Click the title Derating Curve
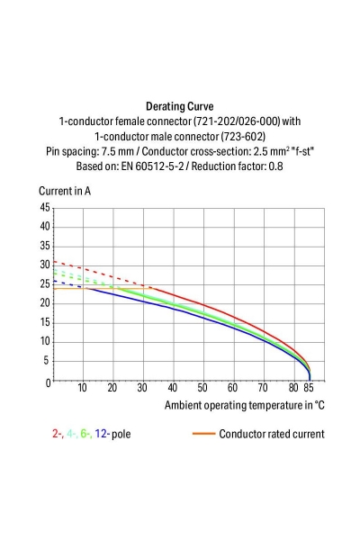179,105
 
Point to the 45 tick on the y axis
45,207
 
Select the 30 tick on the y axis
45,265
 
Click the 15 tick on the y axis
45,323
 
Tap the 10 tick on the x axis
83,389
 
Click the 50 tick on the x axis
203,389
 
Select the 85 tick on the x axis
310,389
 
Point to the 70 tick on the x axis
264,389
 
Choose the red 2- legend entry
58,434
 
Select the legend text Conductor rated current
271,434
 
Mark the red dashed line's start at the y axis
54,261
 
